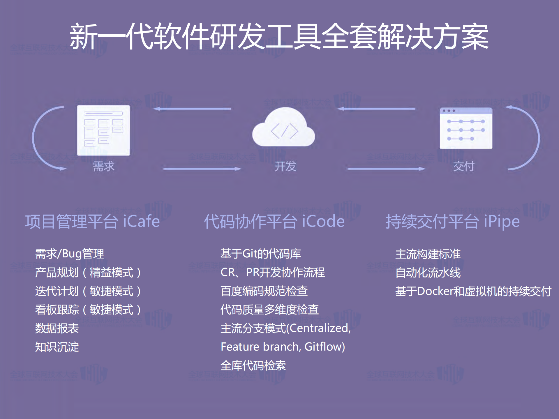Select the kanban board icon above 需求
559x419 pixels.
[103, 130]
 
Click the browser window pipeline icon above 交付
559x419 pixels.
[466, 128]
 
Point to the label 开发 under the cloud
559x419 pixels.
[285, 167]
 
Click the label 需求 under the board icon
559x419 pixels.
[103, 167]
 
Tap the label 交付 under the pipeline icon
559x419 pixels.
[464, 167]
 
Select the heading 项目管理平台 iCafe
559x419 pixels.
[92, 222]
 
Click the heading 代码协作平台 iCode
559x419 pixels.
[274, 222]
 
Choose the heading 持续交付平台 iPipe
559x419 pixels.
[453, 222]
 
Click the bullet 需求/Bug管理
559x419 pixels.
[69, 254]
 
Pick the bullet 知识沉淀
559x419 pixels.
[57, 347]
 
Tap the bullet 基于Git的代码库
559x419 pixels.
[260, 254]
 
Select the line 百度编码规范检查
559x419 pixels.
[264, 291]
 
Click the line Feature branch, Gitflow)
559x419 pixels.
[283, 347]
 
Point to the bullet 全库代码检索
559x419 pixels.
[253, 365]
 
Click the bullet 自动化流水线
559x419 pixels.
[428, 273]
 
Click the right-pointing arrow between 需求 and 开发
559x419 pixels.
[202, 169]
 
